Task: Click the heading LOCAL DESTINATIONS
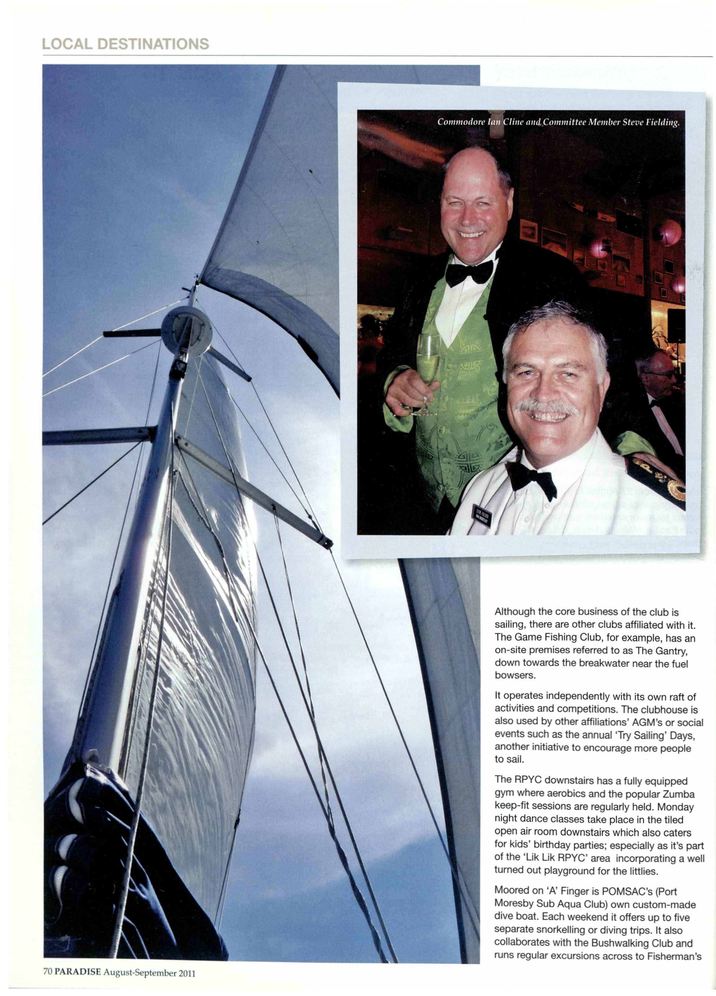coord(125,44)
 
